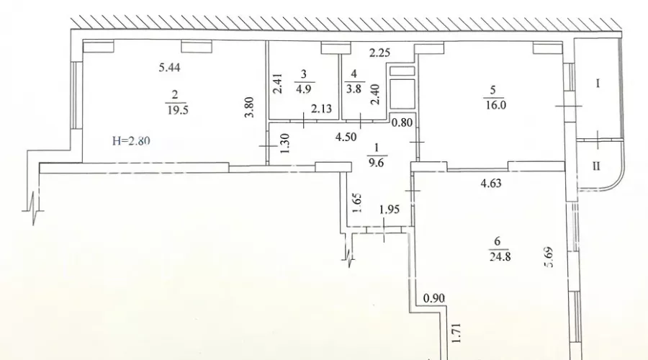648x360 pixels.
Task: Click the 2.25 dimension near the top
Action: (x=379, y=53)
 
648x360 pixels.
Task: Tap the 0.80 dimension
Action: (x=402, y=122)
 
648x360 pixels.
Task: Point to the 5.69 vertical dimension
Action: (x=551, y=257)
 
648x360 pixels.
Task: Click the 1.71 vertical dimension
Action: (x=457, y=335)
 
